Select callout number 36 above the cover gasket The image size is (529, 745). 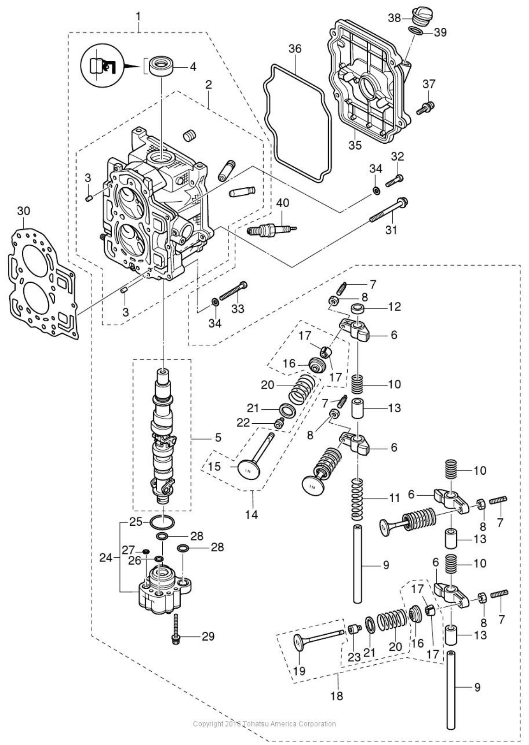[x=295, y=49]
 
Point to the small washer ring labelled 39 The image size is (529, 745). [x=416, y=31]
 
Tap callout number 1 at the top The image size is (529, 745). [x=138, y=17]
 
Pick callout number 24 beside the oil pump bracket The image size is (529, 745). [x=106, y=558]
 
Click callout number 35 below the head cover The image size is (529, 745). [x=355, y=145]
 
